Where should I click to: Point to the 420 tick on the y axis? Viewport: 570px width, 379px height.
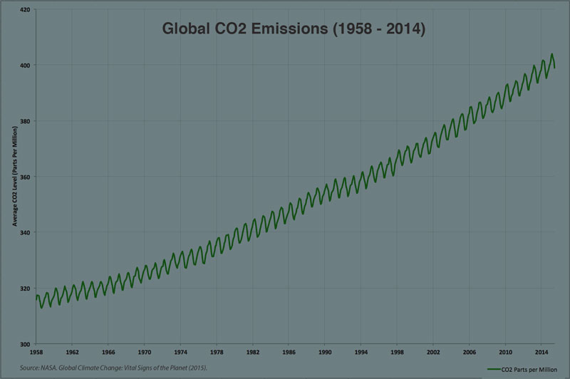click(25, 9)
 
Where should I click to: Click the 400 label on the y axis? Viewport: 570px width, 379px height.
click(25, 66)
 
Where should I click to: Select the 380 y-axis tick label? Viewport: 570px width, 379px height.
click(25, 121)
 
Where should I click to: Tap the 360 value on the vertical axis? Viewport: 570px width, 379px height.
click(25, 177)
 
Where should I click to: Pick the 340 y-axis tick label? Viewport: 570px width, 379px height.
click(25, 232)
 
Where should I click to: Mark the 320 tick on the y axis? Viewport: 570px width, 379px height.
click(25, 288)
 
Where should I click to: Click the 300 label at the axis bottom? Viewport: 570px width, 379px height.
click(25, 343)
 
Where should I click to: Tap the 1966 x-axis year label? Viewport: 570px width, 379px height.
click(108, 352)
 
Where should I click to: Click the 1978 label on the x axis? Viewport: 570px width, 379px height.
click(216, 352)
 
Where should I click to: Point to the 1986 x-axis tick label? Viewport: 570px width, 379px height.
click(289, 352)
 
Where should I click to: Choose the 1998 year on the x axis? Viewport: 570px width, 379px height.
click(397, 352)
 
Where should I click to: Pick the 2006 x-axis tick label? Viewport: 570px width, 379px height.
click(469, 352)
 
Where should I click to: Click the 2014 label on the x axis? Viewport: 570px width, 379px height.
click(541, 352)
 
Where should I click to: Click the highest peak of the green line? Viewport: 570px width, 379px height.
click(551, 54)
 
